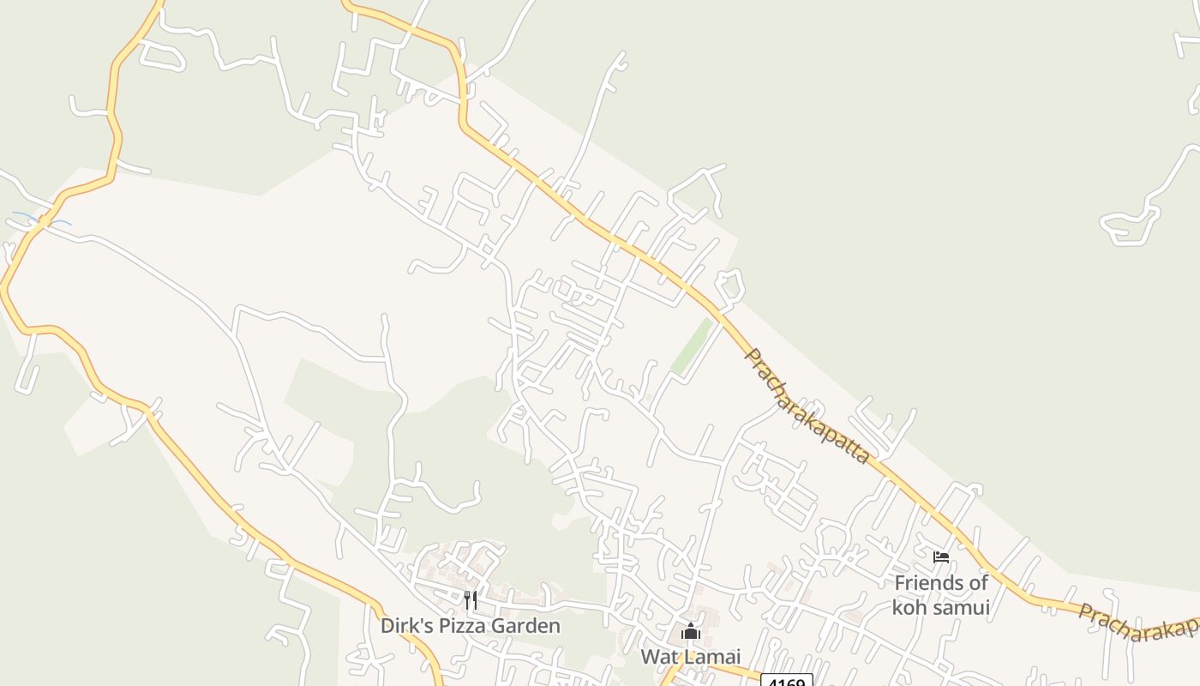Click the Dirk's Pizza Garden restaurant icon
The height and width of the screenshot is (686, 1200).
pos(470,599)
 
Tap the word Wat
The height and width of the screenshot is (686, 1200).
pos(658,658)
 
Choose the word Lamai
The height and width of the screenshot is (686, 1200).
pos(711,658)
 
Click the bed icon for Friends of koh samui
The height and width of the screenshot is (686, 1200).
pos(941,557)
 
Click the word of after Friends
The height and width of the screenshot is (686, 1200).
pos(979,583)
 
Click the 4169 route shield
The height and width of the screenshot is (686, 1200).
pos(786,682)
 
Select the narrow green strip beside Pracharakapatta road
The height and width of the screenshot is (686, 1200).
pos(693,346)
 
